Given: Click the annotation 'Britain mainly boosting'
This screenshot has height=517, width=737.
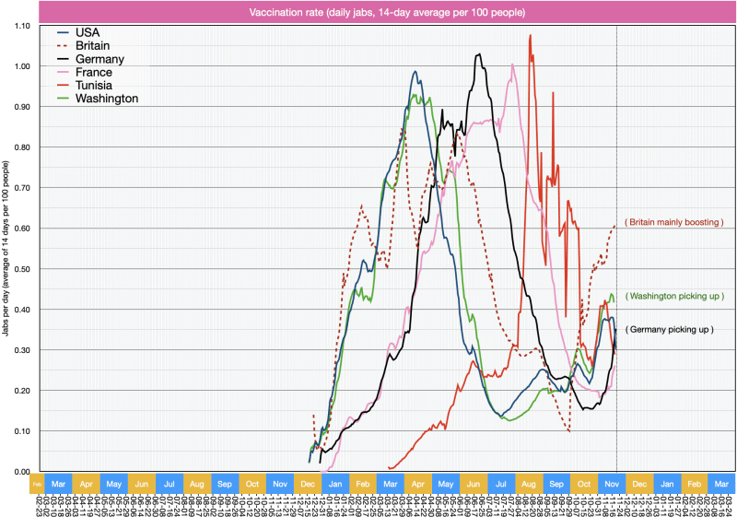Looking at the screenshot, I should pyautogui.click(x=673, y=223).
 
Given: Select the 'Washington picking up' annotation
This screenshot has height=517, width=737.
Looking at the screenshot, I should pyautogui.click(x=674, y=296).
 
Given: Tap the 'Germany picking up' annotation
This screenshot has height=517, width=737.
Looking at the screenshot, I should pyautogui.click(x=670, y=329).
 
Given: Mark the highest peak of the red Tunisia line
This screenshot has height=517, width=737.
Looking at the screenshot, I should pyautogui.click(x=530, y=36).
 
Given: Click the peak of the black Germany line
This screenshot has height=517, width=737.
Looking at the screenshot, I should pyautogui.click(x=479, y=54).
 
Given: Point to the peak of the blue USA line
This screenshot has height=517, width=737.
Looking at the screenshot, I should pyautogui.click(x=415, y=72).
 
